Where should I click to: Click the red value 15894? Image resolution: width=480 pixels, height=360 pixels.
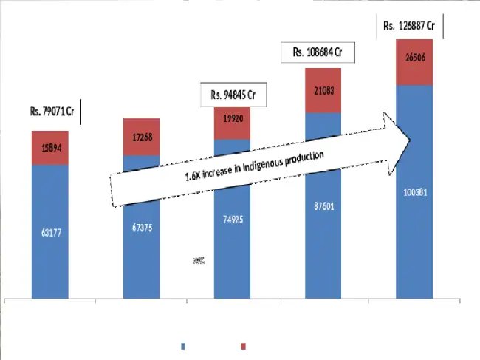click(50, 147)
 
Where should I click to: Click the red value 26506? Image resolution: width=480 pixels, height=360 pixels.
click(414, 57)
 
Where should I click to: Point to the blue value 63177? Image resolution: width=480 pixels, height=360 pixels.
click(50, 234)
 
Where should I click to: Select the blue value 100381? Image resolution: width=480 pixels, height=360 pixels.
click(414, 191)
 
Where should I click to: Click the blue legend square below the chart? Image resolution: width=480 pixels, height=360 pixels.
click(183, 346)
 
